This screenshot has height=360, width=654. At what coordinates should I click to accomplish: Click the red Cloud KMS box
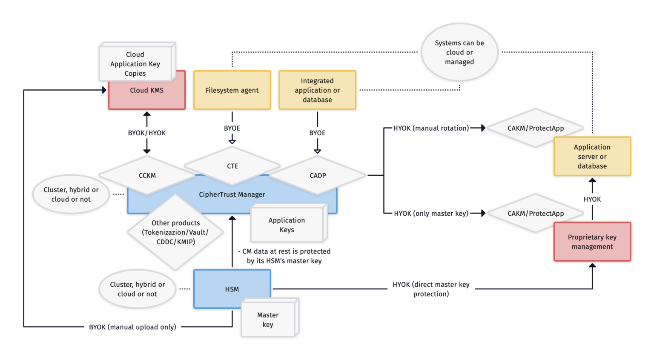(147, 96)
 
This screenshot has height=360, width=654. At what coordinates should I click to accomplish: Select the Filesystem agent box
(232, 90)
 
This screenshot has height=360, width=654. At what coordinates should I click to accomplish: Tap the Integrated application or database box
(317, 90)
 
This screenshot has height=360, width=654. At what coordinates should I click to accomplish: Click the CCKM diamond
(147, 175)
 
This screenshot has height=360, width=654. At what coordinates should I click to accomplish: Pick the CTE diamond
(232, 166)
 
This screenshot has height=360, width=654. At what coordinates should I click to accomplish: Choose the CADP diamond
(318, 175)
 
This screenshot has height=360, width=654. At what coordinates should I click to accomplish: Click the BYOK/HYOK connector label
(147, 133)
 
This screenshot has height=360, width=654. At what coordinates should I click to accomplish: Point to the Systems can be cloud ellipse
(459, 52)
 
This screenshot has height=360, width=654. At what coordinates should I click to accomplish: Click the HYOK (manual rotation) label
(431, 128)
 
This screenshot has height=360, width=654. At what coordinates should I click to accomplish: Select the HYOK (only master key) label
(431, 213)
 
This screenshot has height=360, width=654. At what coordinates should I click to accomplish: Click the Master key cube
(268, 320)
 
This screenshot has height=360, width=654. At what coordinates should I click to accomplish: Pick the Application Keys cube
(287, 225)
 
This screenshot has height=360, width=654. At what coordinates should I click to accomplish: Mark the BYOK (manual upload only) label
(132, 327)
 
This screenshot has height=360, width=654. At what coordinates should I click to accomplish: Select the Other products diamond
(175, 232)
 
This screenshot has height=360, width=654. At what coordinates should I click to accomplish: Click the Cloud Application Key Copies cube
(135, 63)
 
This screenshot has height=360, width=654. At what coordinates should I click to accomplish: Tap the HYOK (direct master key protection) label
(431, 289)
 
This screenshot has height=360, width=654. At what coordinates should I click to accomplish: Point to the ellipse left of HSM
(137, 289)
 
